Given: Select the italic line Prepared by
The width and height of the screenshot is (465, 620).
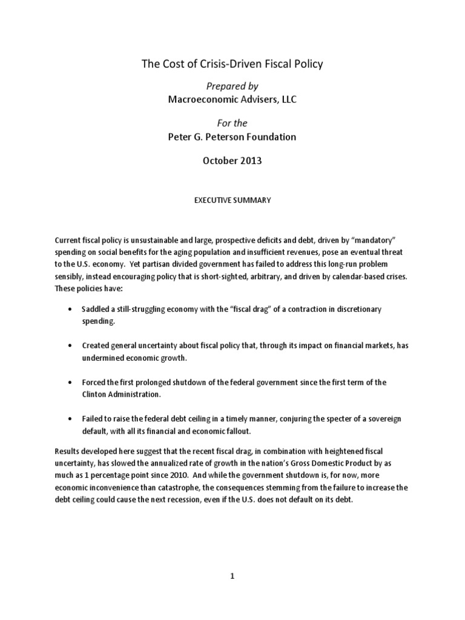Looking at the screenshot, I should click(232, 87).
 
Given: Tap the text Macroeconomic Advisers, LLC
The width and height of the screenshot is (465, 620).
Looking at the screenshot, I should click(232, 99).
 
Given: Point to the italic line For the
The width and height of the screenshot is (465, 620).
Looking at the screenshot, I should click(232, 124).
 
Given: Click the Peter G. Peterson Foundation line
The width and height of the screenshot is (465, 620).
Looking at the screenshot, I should click(232, 136).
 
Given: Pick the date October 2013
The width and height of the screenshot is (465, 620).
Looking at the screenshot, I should click(232, 160).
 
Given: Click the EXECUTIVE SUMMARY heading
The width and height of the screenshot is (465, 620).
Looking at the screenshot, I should click(232, 199).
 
